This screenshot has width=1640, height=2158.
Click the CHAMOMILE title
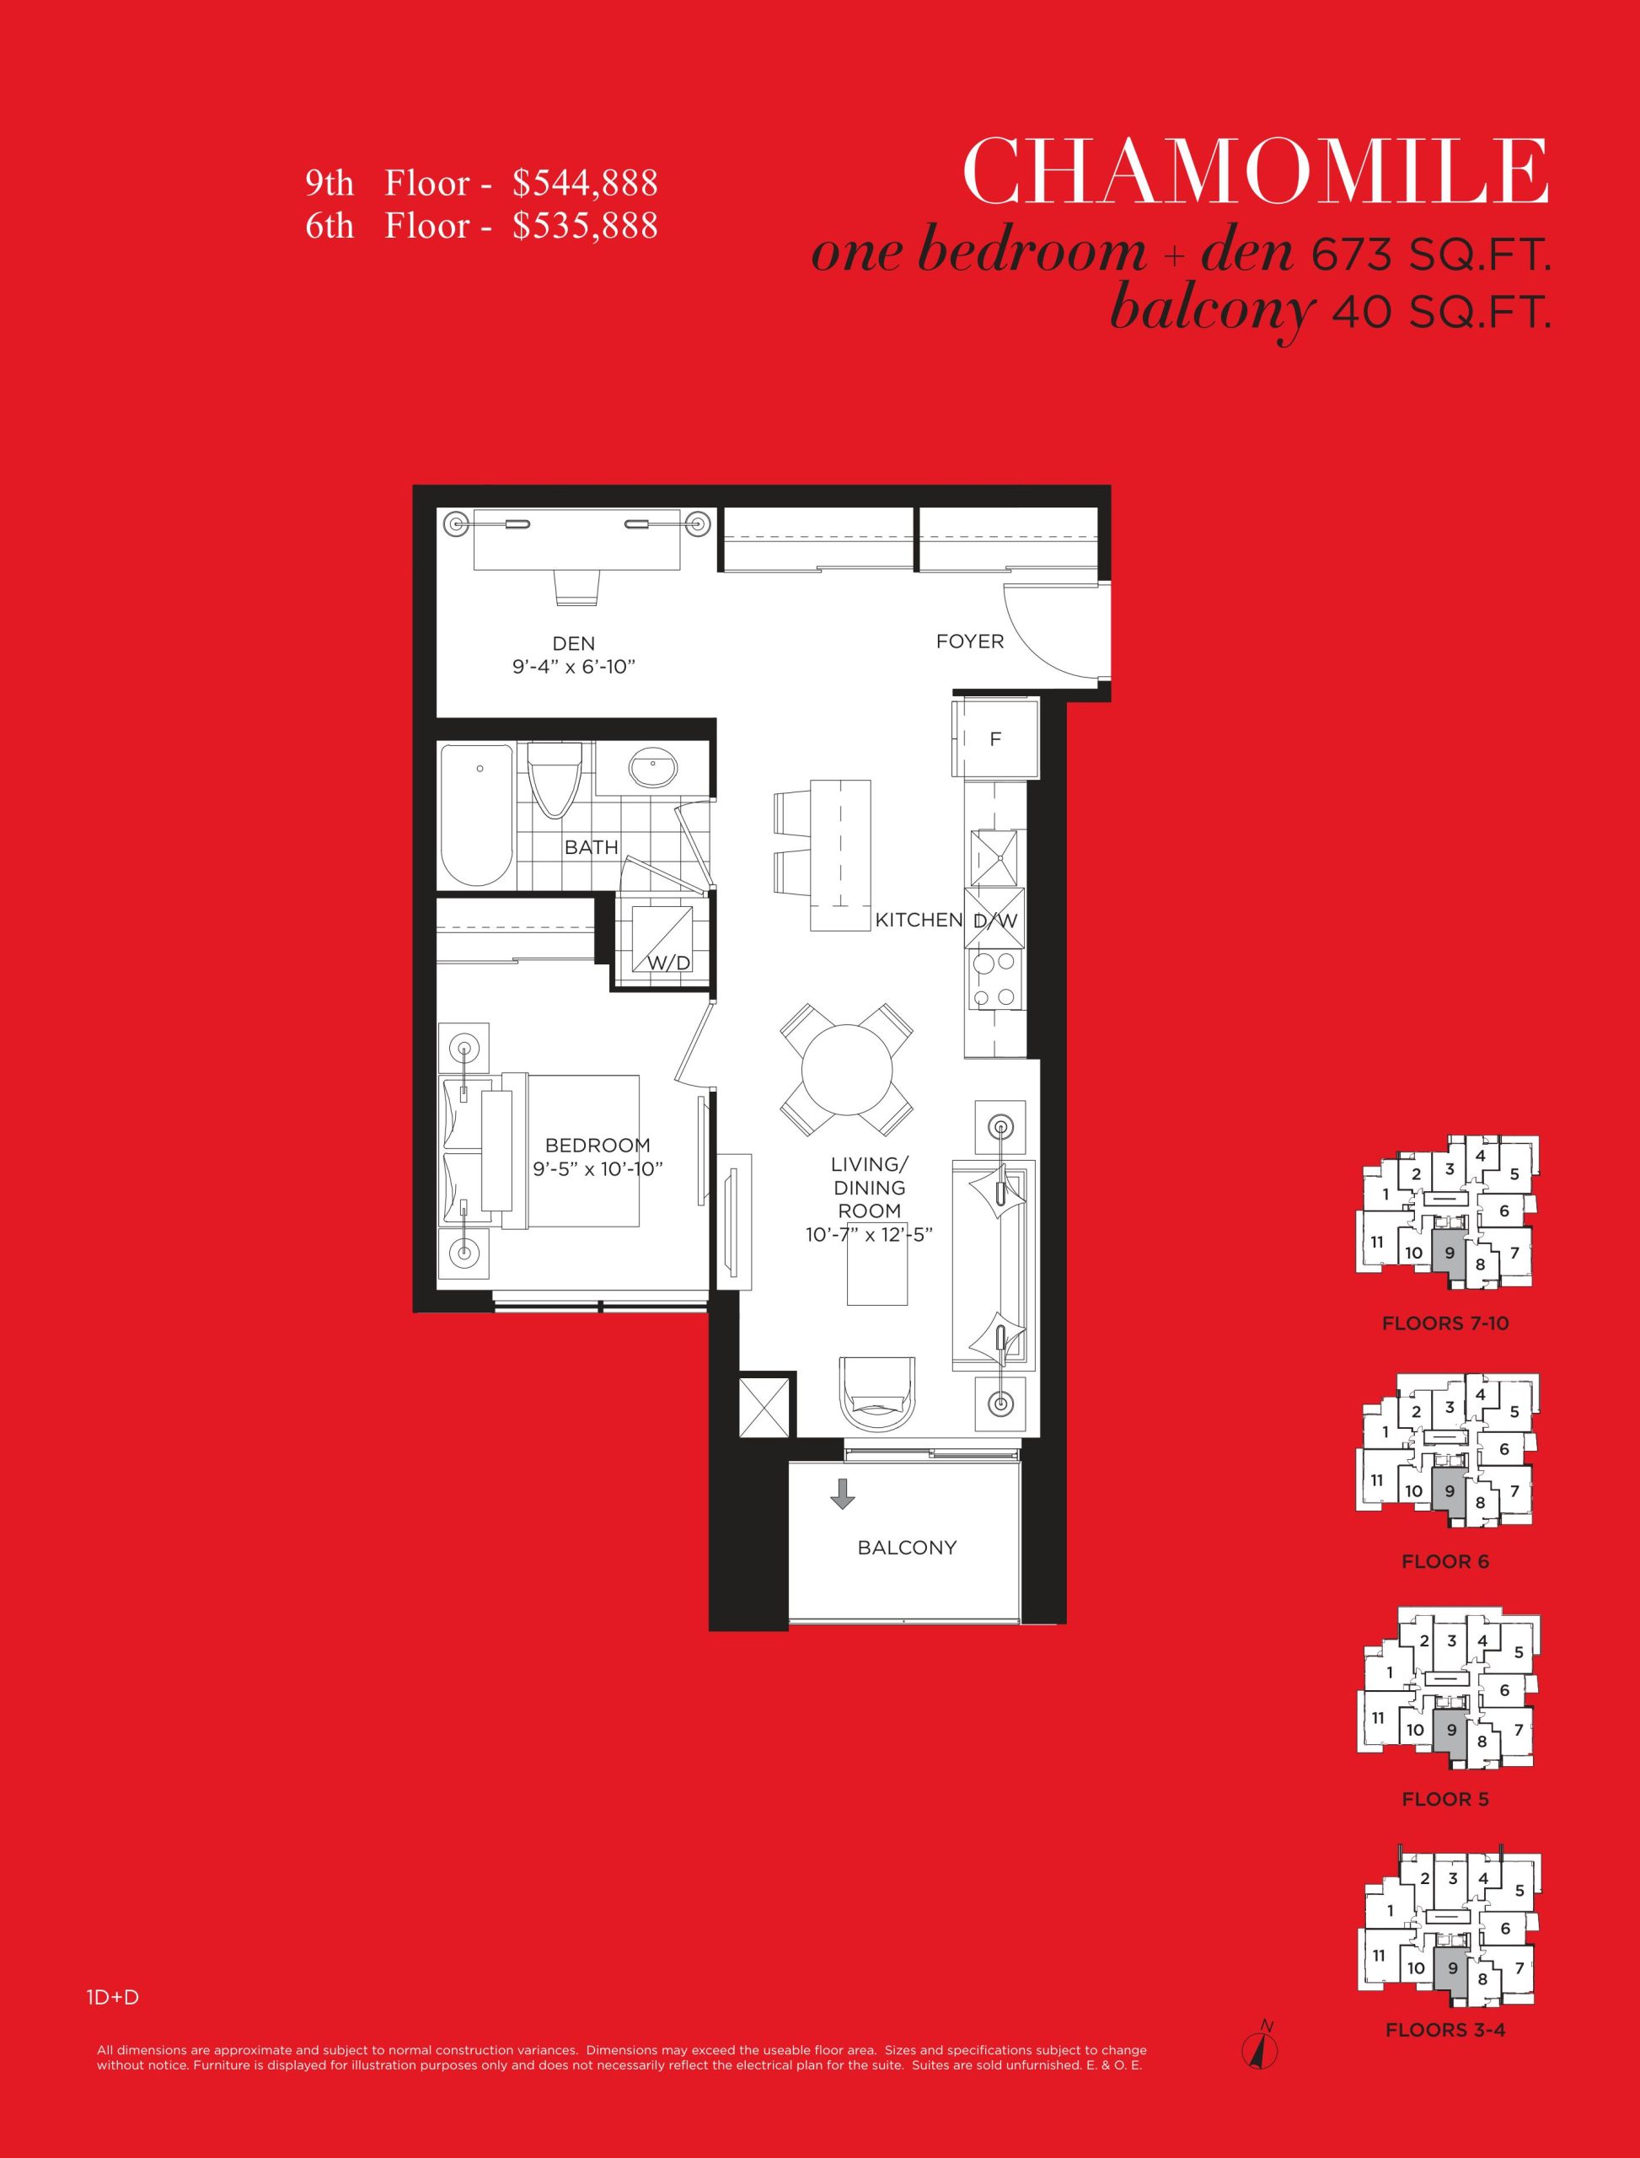[1256, 171]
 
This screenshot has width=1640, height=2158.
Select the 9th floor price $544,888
[585, 183]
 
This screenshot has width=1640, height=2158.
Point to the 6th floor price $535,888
[585, 226]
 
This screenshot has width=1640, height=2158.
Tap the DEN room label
[573, 643]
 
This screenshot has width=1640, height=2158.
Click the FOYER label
[969, 641]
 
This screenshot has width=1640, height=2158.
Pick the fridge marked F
[996, 738]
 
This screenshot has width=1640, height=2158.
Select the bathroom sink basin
[653, 769]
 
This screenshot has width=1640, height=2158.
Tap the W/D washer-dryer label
[668, 964]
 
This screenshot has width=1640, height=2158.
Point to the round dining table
[846, 1068]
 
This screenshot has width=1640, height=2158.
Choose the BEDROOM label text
[598, 1146]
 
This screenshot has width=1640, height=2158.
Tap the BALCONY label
[907, 1548]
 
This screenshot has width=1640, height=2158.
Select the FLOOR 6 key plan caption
[1444, 1561]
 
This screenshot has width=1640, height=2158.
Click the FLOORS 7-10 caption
[1444, 1323]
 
